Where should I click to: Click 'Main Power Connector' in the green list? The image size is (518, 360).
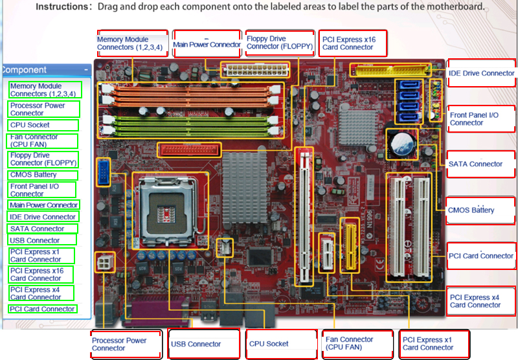coord(44,205)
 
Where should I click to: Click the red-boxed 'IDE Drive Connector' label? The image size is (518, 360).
coord(481,73)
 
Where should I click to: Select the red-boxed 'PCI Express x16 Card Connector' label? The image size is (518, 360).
coord(354,43)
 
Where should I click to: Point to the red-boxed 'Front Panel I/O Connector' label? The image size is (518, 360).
coord(481,118)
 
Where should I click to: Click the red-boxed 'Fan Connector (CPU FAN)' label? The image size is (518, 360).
coord(357,343)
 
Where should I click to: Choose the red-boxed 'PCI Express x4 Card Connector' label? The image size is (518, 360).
coord(481,301)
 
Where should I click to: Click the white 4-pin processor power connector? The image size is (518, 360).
coord(105,262)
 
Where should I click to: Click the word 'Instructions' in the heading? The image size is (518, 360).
coord(63,7)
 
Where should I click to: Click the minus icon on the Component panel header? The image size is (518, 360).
coord(86,69)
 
